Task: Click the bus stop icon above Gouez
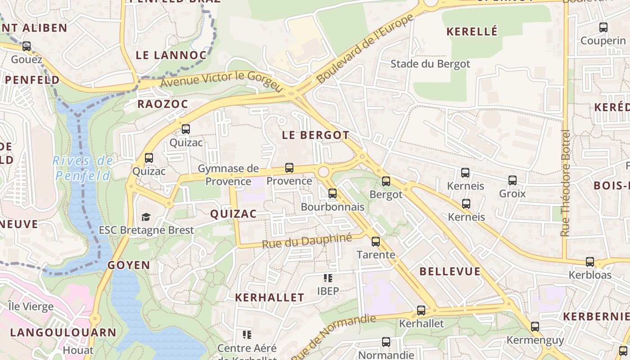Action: coord(27,46)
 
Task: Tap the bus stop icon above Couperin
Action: coord(603,27)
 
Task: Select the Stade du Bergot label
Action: coord(430,64)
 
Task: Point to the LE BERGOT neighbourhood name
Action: coord(315,135)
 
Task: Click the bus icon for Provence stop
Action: coord(289,168)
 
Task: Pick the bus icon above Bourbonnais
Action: coord(333,193)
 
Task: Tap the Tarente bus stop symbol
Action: coord(376,242)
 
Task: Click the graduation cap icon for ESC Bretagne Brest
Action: coord(146,217)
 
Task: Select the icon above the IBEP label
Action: coord(328,278)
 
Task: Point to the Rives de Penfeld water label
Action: coord(83,168)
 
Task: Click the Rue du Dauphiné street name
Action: coord(306,242)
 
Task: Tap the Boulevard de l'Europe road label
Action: coord(365,48)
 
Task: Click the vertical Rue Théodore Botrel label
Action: coord(566,183)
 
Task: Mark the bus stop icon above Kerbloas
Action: coord(590,262)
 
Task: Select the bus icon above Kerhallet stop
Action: coord(421,310)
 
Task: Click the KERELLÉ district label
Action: coord(472,31)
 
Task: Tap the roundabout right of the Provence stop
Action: coord(323,171)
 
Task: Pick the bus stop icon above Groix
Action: coord(513,181)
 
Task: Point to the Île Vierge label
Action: coord(31,307)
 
